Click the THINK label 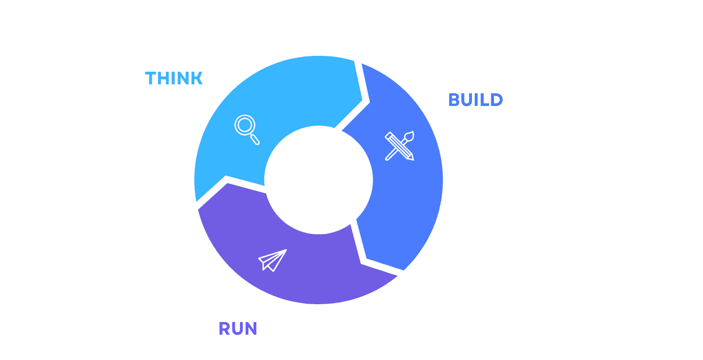pyautogui.click(x=173, y=78)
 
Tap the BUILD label pyautogui.click(x=475, y=100)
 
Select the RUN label pyautogui.click(x=238, y=329)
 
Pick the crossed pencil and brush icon pyautogui.click(x=400, y=146)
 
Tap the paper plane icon pyautogui.click(x=272, y=260)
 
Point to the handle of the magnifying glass pyautogui.click(x=255, y=140)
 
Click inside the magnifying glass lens pyautogui.click(x=244, y=125)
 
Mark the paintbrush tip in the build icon pyautogui.click(x=411, y=135)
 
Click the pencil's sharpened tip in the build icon pyautogui.click(x=412, y=159)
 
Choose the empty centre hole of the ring pyautogui.click(x=318, y=180)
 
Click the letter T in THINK pyautogui.click(x=150, y=78)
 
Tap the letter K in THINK pyautogui.click(x=197, y=78)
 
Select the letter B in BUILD pyautogui.click(x=454, y=100)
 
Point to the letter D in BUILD pyautogui.click(x=497, y=100)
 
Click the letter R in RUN pyautogui.click(x=224, y=329)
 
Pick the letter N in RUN pyautogui.click(x=252, y=329)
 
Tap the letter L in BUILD pyautogui.click(x=485, y=100)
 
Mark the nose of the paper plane pyautogui.click(x=285, y=250)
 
